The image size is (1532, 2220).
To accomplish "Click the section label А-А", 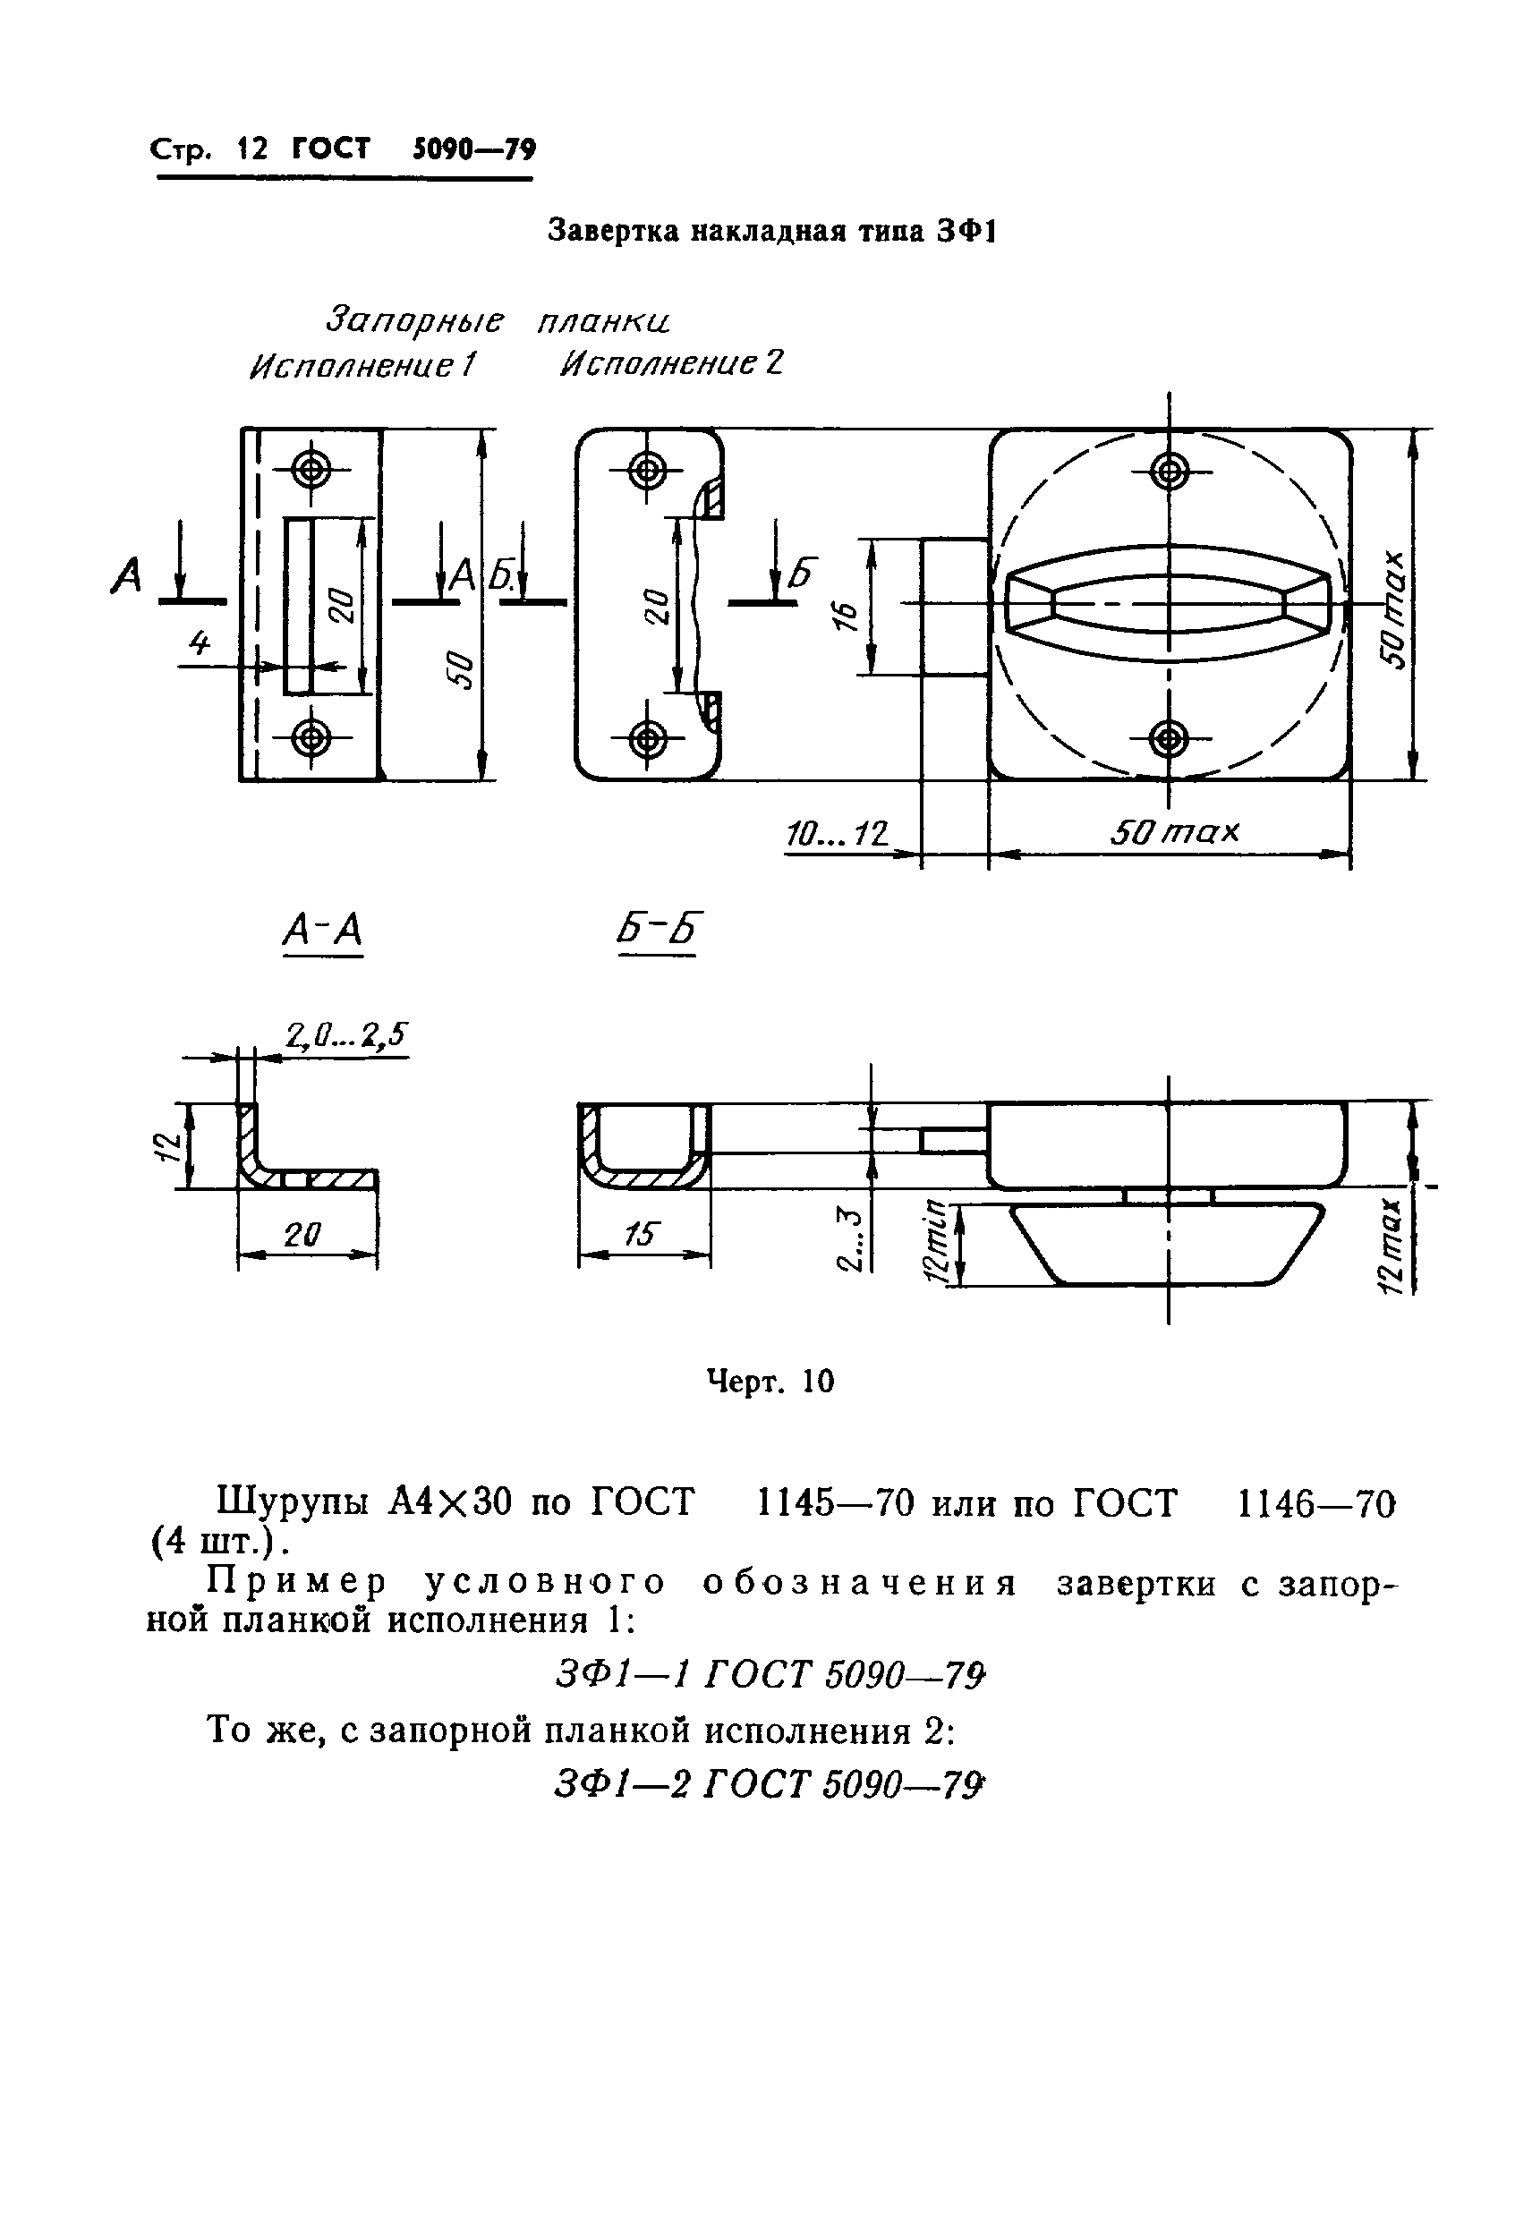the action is [x=322, y=930].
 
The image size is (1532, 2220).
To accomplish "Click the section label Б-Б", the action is [x=659, y=930].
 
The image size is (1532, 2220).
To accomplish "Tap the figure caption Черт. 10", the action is [x=770, y=1382].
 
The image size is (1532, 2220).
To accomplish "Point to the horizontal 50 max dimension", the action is [x=1174, y=831].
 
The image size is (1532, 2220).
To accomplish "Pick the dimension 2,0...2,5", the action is [x=346, y=1033].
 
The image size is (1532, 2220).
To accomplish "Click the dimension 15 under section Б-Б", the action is [x=637, y=1233].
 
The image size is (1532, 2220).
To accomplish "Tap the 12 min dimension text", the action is [x=933, y=1244].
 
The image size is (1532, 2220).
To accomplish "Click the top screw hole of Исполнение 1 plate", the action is [x=310, y=471].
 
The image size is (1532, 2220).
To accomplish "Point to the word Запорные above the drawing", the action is [x=414, y=319].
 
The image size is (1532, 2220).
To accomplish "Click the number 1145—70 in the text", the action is [x=835, y=1504].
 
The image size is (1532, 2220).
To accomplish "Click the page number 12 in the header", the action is [x=252, y=149].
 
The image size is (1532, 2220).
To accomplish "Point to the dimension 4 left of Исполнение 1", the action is [x=199, y=643].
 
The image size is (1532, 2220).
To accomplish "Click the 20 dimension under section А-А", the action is [x=302, y=1234].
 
